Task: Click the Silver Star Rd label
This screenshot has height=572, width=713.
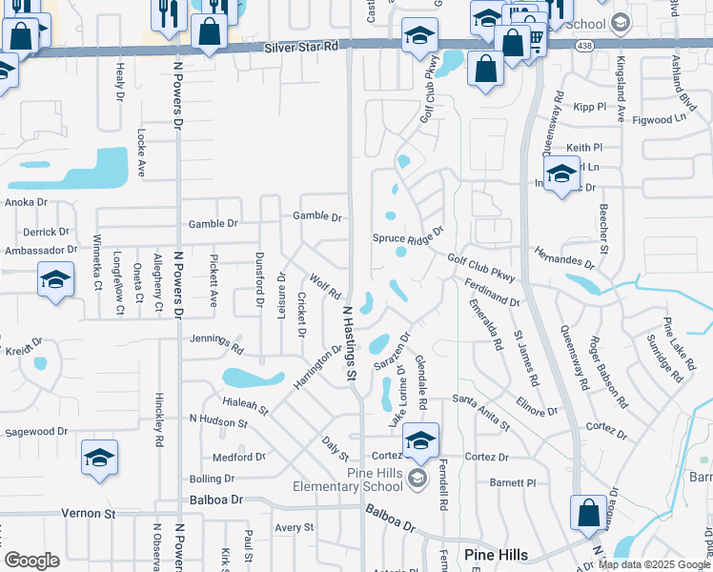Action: [302, 46]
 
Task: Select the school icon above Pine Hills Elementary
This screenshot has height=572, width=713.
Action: [420, 439]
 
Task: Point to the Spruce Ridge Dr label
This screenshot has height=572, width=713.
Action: [408, 235]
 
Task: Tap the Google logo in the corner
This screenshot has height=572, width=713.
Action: [31, 561]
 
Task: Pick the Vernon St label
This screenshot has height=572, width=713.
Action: [89, 513]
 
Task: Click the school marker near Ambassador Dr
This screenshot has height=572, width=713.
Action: [55, 281]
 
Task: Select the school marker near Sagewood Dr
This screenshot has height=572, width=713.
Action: [99, 458]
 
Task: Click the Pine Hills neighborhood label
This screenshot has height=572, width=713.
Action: [496, 555]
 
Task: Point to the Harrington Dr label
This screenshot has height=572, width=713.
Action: [318, 366]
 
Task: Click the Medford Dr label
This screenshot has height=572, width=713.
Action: [238, 457]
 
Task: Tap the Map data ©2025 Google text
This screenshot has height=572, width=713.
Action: [655, 564]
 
